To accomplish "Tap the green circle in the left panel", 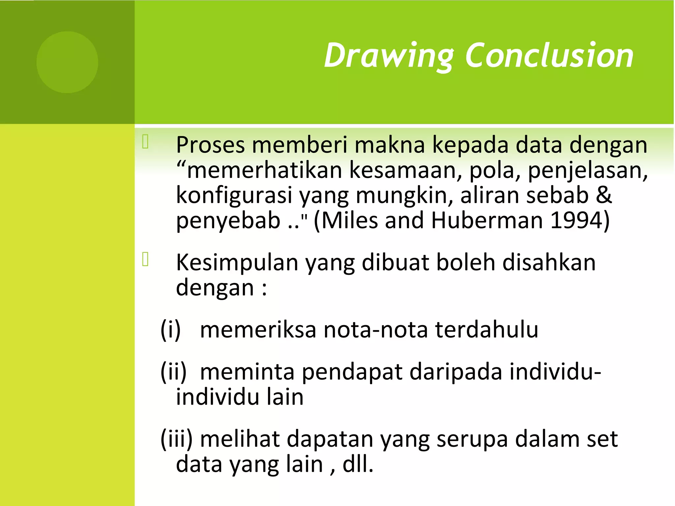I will (67, 62).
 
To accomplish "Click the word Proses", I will (210, 145).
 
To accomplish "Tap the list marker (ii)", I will (173, 372).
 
